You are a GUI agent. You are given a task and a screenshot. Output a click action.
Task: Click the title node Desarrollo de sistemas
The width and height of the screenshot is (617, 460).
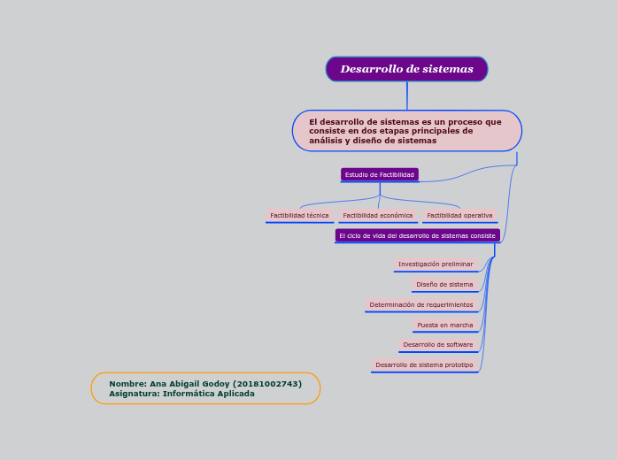pos(406,69)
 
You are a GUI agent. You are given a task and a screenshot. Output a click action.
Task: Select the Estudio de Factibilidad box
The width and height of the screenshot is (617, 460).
pos(379,175)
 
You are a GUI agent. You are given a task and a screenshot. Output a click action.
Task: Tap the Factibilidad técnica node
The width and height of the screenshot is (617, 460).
pos(299,215)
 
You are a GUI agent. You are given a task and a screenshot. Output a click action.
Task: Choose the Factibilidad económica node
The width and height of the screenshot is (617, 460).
pos(378,215)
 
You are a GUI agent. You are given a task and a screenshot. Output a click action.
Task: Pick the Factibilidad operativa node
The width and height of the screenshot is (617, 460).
pos(459,215)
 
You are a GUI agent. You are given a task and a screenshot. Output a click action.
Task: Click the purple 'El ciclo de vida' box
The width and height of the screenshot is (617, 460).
pos(417,235)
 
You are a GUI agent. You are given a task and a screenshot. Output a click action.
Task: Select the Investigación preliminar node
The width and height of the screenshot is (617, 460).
pos(436,264)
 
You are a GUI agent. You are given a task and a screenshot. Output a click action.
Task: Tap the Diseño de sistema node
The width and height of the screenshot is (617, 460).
pos(444,284)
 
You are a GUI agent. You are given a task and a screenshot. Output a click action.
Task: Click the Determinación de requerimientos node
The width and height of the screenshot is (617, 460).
pos(421,304)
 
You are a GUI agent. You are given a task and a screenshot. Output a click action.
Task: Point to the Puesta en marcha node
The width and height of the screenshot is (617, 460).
pos(445,325)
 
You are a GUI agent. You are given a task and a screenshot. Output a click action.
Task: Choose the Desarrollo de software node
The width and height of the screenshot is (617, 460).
pos(438,344)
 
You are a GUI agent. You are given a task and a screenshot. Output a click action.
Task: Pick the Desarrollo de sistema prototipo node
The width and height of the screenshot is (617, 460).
pos(424,364)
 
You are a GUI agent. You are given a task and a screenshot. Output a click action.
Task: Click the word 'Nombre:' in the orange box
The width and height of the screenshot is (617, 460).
pos(127,384)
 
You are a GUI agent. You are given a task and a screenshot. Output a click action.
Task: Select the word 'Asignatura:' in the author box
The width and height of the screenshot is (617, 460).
pos(134,394)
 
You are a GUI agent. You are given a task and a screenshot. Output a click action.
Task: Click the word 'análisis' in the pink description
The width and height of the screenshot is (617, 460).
pos(325,141)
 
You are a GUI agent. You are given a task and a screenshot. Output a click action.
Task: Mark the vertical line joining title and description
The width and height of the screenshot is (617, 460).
pos(407,96)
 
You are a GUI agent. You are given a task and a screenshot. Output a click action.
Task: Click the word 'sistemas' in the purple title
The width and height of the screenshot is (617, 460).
pos(446,69)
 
